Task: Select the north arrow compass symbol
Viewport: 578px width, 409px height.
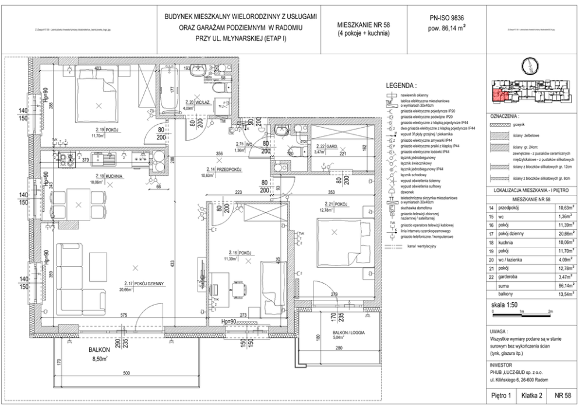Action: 531,65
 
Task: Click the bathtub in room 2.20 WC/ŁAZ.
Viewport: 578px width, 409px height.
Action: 171,90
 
